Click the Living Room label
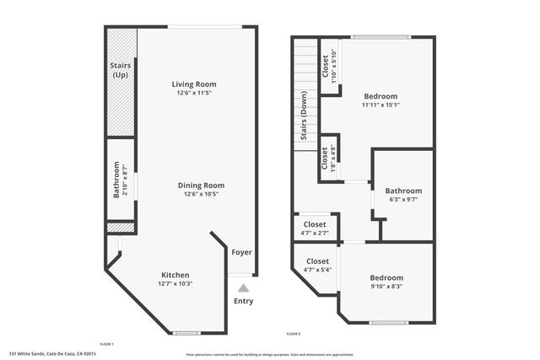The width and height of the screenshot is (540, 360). coord(195,84)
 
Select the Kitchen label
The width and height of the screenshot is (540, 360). coord(175,275)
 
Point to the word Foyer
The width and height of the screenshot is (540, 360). coord(241,252)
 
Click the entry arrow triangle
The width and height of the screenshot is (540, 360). coord(243,288)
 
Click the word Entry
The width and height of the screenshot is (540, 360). coord(243,301)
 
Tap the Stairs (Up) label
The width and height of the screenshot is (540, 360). coord(119,70)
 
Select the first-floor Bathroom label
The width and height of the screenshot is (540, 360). coord(116,180)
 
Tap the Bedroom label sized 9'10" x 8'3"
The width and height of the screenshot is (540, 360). coord(387,278)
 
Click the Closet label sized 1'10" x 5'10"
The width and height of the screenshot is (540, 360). coord(327,67)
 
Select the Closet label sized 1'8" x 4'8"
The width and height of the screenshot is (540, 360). coord(325,158)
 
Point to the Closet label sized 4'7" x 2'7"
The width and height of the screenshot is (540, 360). coord(315,225)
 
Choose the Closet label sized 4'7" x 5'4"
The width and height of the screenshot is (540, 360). coord(317,261)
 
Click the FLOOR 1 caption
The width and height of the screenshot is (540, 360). coord(107,344)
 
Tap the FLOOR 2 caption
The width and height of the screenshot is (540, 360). coord(294,335)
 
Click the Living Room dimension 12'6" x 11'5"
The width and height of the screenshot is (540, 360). coord(195,94)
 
